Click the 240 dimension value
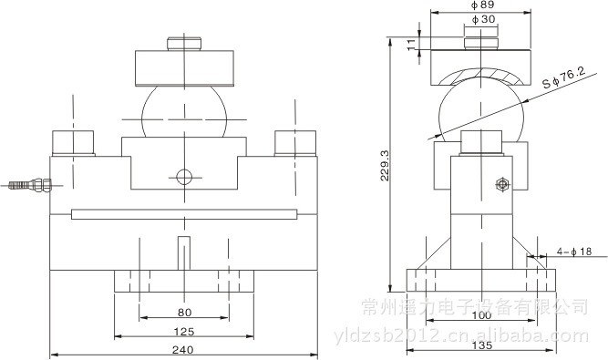click(x=182, y=350)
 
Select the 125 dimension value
click(x=184, y=332)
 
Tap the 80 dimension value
click(x=184, y=313)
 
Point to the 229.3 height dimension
click(x=384, y=166)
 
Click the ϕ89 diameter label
click(x=482, y=5)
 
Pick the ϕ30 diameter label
click(x=483, y=19)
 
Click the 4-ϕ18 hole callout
click(x=574, y=252)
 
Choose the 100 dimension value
click(x=481, y=315)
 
